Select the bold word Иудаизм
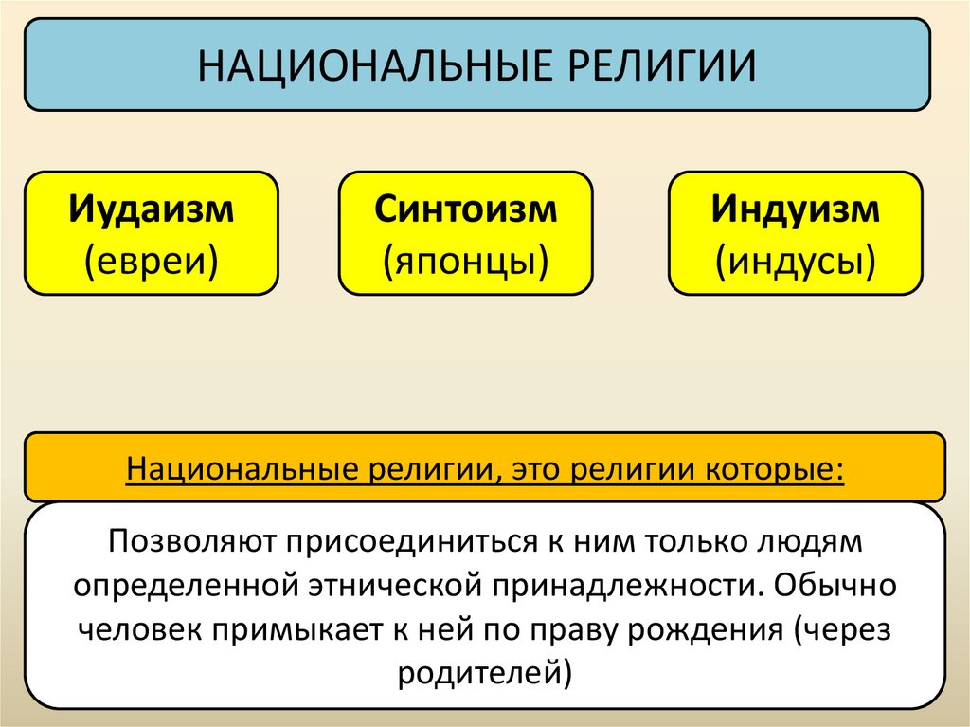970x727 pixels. (x=152, y=209)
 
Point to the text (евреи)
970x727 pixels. (x=152, y=258)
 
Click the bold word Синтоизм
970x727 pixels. (x=466, y=209)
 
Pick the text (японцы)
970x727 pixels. (x=466, y=258)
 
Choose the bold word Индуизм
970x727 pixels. (x=797, y=209)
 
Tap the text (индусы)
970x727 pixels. (x=797, y=258)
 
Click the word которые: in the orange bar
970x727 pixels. (x=768, y=469)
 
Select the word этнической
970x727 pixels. (x=403, y=584)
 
